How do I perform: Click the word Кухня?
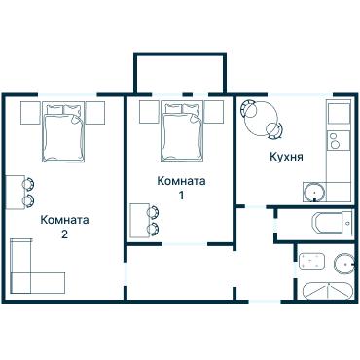point(286,156)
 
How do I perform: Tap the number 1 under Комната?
point(181,196)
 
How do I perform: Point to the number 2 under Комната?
point(64,234)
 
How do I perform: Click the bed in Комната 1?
point(182,128)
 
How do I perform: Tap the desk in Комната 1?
point(139,220)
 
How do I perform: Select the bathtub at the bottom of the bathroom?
point(325,291)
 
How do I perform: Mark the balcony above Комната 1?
point(180,73)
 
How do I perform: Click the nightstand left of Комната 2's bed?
point(27,112)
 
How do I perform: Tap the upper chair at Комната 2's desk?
point(30,182)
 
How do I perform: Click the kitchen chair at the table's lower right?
point(278,129)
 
